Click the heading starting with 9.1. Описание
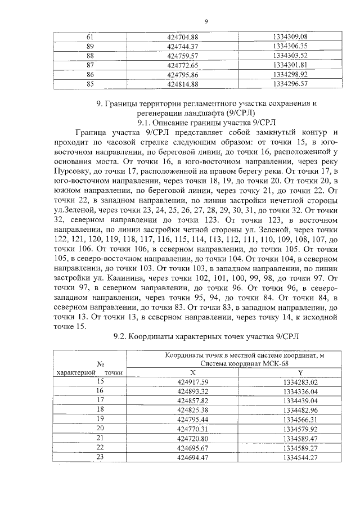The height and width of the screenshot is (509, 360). (205, 121)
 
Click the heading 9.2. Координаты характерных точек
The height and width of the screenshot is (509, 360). (206, 336)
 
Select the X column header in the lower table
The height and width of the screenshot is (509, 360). (192, 372)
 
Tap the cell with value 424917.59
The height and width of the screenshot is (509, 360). (192, 382)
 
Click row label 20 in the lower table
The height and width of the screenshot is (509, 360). (101, 429)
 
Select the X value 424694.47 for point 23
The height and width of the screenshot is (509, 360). (192, 457)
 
